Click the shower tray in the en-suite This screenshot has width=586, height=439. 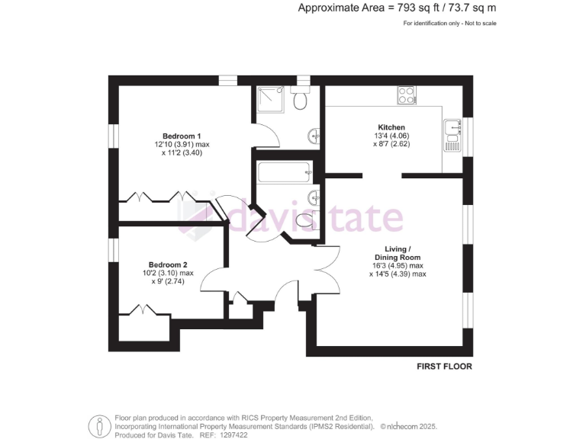click(x=271, y=99)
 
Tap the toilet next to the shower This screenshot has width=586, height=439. click(x=302, y=100)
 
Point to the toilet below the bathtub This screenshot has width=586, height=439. click(x=303, y=220)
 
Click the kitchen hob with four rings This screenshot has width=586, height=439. click(x=406, y=96)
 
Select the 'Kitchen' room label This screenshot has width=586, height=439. click(x=391, y=127)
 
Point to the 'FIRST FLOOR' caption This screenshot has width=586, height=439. click(x=444, y=367)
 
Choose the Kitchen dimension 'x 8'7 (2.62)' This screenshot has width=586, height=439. click(x=392, y=144)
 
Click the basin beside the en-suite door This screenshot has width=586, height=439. click(x=314, y=137)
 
